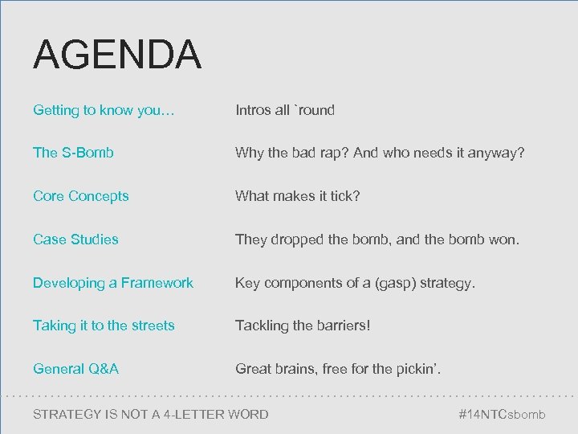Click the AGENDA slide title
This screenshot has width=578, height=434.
pos(117,55)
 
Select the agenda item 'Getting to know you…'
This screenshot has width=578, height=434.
pos(97,110)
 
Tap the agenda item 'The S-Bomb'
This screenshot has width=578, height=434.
pos(73,152)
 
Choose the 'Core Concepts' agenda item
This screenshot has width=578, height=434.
pos(80,195)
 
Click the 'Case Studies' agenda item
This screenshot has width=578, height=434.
pos(75,239)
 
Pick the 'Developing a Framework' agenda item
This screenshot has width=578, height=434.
pos(112,282)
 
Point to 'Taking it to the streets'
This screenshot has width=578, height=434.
pos(104,325)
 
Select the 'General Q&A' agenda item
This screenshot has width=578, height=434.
pos(75,369)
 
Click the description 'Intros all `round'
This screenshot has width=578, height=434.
pos(284,110)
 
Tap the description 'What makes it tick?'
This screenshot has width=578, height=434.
pos(297,195)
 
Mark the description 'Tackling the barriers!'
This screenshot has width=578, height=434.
pos(302,325)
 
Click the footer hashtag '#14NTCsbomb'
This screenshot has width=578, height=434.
pos(501,415)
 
